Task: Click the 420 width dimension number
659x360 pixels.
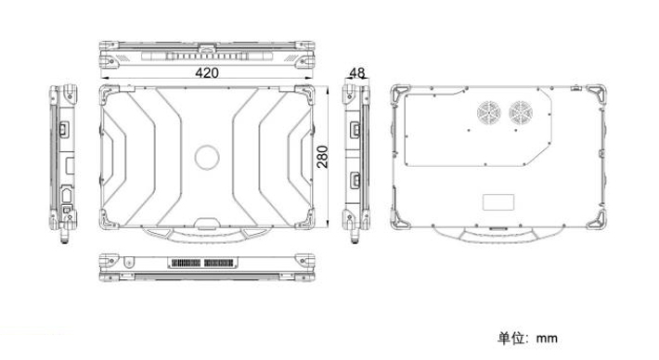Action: [x=207, y=72]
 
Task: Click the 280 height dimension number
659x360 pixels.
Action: [x=322, y=157]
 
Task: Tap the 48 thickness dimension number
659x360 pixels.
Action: [x=356, y=72]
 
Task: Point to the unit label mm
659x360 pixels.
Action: [x=547, y=339]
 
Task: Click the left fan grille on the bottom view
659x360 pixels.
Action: [x=489, y=113]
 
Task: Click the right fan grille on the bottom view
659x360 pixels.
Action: [x=521, y=113]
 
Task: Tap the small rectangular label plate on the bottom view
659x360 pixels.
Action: [x=498, y=202]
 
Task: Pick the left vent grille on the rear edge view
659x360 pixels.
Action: [x=187, y=264]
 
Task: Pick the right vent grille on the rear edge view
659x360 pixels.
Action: [x=218, y=264]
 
